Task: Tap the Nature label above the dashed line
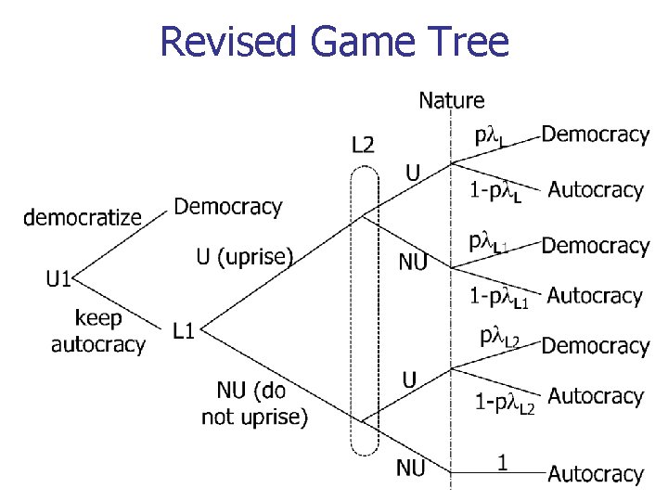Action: pos(452,99)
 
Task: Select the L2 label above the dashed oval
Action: pos(364,144)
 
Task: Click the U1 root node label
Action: pos(60,278)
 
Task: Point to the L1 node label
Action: pos(183,329)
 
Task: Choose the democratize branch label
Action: pos(83,217)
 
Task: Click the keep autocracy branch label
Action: pos(97,331)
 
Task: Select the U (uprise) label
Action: pos(244,255)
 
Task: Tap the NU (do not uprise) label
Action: pos(254,405)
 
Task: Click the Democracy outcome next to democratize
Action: pos(227,206)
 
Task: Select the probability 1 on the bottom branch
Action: pos(502,461)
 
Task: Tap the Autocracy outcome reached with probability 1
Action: pos(595,474)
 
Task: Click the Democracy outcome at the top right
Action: pos(595,135)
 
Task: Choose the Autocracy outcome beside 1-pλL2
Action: pos(595,396)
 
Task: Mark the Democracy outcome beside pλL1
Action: pos(595,246)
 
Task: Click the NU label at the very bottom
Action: pos(411,469)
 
